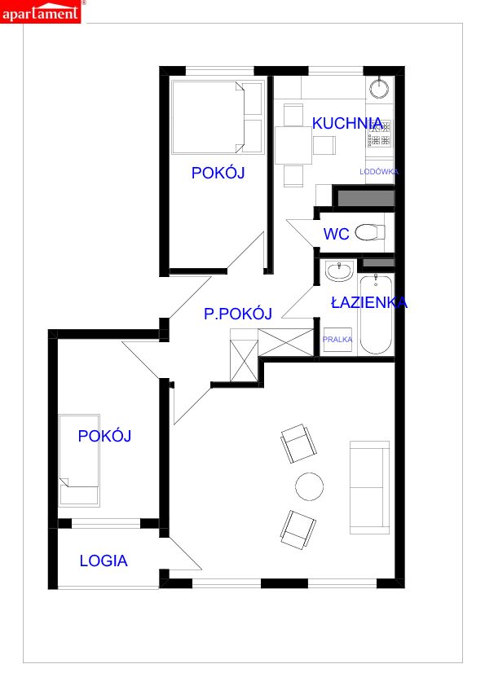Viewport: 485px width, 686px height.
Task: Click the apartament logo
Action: click(x=41, y=11)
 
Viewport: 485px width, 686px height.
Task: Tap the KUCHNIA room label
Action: click(x=347, y=123)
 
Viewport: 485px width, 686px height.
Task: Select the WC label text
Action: click(x=336, y=234)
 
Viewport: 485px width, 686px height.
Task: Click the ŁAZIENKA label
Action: click(x=369, y=302)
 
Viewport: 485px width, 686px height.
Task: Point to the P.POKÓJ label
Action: click(x=238, y=313)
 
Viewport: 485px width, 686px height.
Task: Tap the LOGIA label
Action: click(x=104, y=561)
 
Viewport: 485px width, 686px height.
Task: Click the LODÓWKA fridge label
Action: click(x=379, y=172)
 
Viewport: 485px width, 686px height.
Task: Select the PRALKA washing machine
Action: click(x=337, y=340)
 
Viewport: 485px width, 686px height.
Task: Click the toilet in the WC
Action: click(x=370, y=232)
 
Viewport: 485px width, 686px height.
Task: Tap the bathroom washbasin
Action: click(x=339, y=270)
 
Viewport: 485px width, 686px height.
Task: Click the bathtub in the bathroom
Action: click(x=376, y=314)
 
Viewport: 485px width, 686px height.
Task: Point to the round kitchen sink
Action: click(x=379, y=88)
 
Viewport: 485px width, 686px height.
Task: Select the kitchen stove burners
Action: click(x=379, y=134)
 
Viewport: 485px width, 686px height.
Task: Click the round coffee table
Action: click(x=310, y=486)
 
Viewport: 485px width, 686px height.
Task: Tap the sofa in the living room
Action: click(x=369, y=487)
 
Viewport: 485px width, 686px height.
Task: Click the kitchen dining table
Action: click(x=293, y=145)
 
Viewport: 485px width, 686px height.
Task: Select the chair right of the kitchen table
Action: click(x=324, y=145)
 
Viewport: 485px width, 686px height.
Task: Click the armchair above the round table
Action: click(x=299, y=443)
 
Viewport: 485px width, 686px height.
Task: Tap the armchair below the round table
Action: click(x=298, y=529)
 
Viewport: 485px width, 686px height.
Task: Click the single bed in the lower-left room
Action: click(x=79, y=460)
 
